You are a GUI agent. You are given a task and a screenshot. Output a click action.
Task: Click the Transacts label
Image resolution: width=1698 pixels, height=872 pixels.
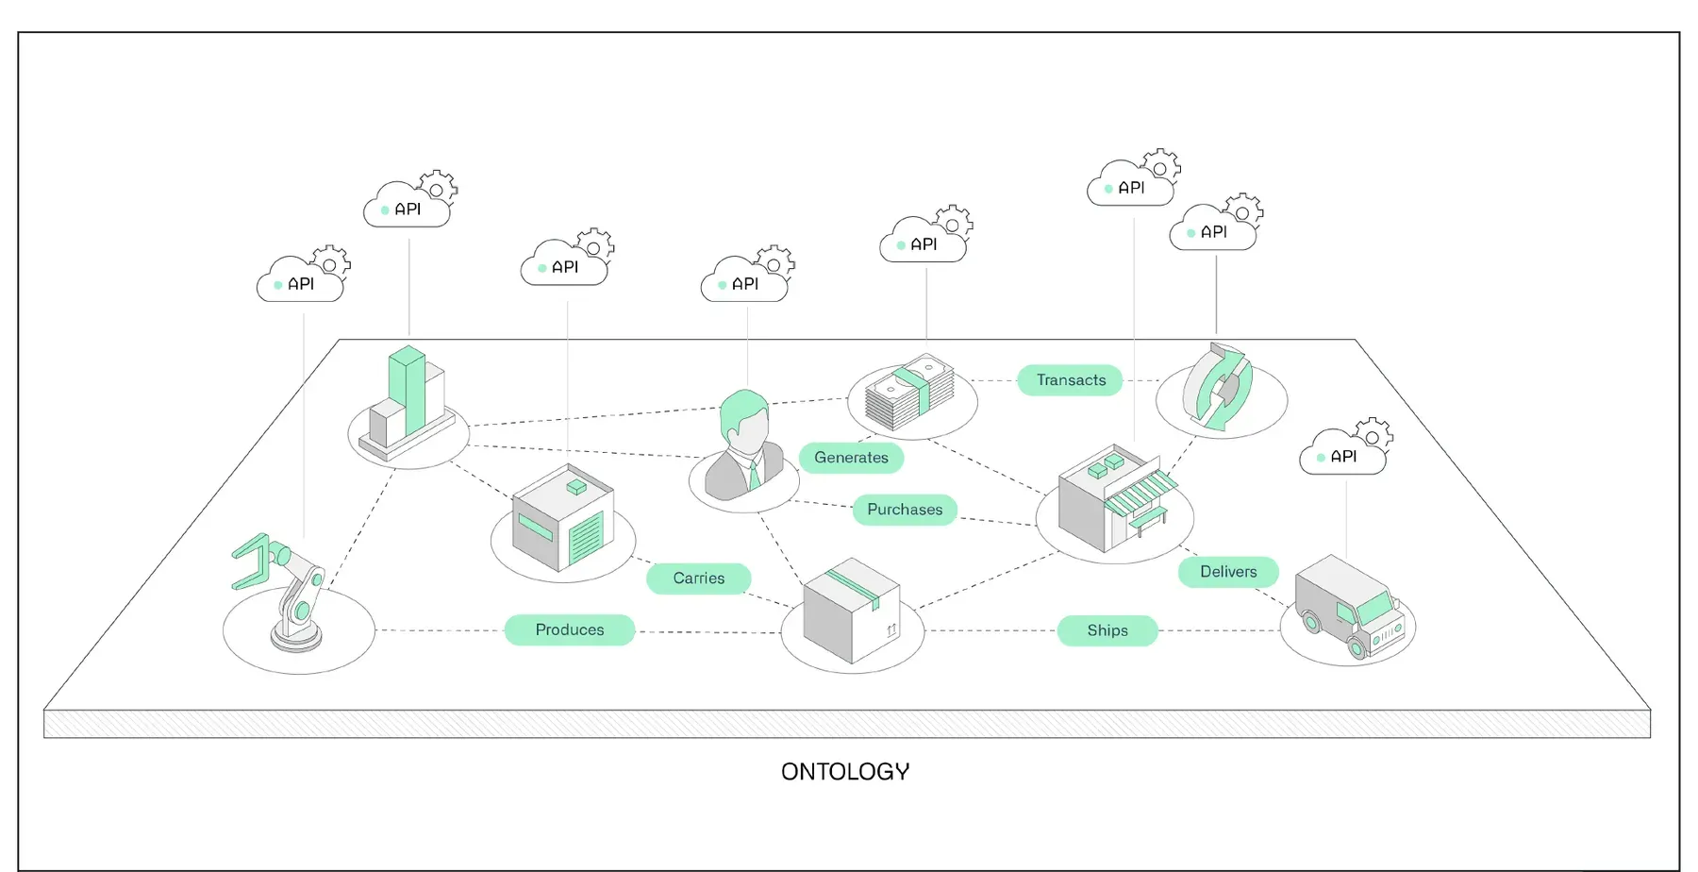[1070, 380]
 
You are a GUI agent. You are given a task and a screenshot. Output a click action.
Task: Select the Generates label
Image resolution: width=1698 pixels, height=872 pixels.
[851, 458]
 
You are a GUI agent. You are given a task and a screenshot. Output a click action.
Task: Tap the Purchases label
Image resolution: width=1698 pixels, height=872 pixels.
[905, 510]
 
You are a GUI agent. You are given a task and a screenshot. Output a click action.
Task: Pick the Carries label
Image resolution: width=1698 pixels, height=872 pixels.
[698, 579]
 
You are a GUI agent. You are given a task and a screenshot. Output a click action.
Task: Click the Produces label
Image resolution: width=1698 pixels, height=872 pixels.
[570, 629]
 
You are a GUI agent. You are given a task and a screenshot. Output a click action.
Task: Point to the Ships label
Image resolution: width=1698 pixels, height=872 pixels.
[1107, 630]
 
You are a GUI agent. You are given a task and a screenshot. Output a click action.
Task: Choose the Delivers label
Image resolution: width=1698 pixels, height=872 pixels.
[1227, 572]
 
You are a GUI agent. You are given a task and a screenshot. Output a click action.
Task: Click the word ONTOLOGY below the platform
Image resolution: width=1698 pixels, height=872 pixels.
[845, 772]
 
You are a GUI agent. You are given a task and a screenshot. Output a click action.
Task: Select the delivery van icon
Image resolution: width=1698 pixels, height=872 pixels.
[1347, 605]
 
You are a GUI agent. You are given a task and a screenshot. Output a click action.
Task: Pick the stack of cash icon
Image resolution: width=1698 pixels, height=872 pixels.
[909, 393]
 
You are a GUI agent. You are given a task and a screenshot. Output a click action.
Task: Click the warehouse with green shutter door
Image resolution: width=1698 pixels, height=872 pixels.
[563, 518]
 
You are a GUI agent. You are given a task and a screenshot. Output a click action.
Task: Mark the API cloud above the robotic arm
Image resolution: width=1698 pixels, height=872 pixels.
[301, 281]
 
